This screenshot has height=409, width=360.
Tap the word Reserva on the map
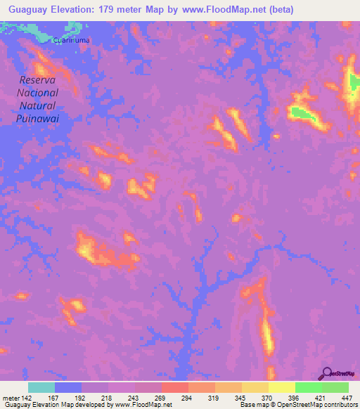click(x=39, y=80)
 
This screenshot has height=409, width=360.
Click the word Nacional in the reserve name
click(x=38, y=93)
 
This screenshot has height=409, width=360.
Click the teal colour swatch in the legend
click(x=41, y=387)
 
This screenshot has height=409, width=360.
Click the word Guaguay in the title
click(x=26, y=9)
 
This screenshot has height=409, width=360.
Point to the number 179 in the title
click(x=110, y=9)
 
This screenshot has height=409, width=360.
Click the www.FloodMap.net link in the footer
click(x=141, y=405)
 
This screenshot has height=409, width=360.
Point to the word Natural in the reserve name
click(x=38, y=105)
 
